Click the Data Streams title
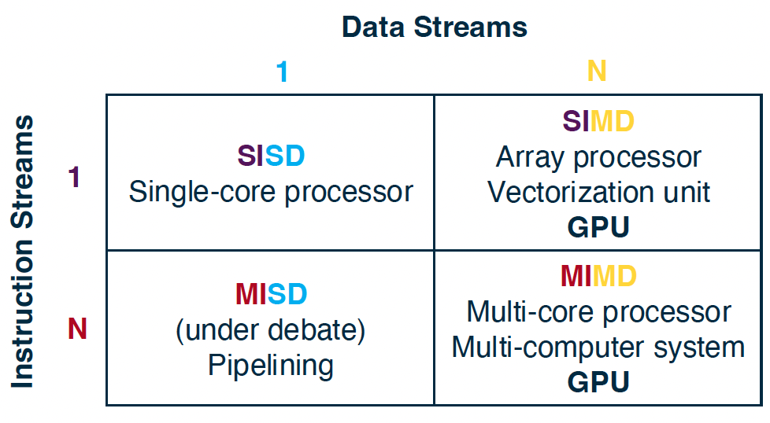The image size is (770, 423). click(x=434, y=27)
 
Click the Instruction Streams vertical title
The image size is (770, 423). click(x=22, y=252)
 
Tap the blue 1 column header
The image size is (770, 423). click(x=282, y=72)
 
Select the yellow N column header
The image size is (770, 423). click(x=597, y=71)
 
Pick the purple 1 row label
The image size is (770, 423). click(x=74, y=177)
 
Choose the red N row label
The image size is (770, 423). click(x=77, y=329)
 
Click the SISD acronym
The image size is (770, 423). click(x=271, y=156)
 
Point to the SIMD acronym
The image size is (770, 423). click(x=598, y=121)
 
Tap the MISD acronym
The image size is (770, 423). click(x=271, y=294)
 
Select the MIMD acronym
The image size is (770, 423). click(x=598, y=276)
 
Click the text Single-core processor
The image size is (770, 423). click(x=271, y=191)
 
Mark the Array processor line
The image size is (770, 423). click(x=598, y=157)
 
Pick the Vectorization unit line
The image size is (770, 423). click(x=598, y=192)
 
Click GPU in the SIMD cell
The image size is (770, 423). click(x=598, y=227)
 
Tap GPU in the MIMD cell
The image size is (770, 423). click(x=598, y=382)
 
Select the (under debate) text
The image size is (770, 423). click(x=271, y=330)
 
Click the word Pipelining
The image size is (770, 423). click(x=271, y=366)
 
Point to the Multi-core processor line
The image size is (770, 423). click(x=598, y=312)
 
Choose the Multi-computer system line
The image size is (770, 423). click(x=598, y=348)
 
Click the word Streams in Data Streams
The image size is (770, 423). click(x=471, y=27)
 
